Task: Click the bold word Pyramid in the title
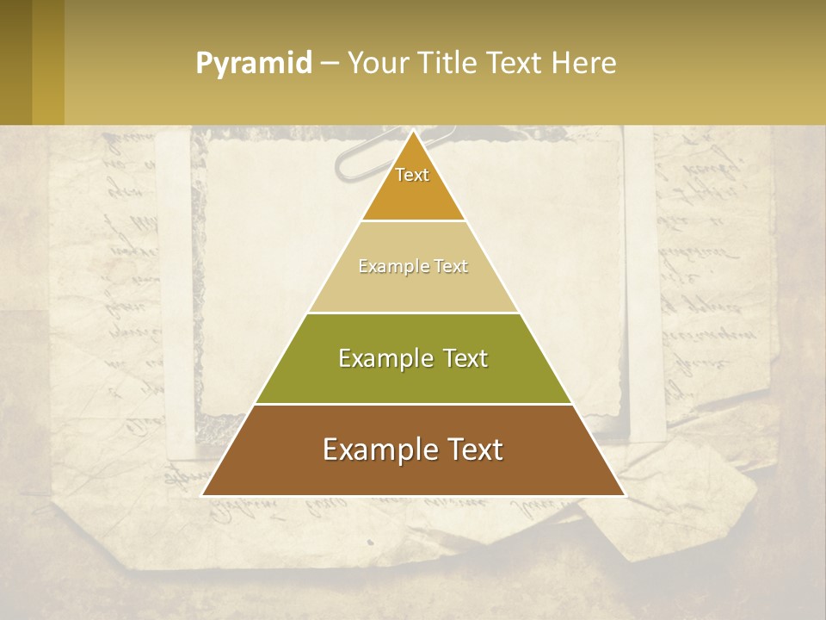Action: click(254, 64)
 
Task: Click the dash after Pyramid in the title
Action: click(330, 64)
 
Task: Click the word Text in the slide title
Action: click(514, 63)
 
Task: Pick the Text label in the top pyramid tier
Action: click(412, 175)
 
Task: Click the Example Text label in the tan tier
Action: click(413, 267)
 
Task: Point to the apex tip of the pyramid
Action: click(413, 131)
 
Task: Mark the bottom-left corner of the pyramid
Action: click(203, 495)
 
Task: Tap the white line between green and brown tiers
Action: click(413, 404)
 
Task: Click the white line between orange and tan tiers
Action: click(413, 220)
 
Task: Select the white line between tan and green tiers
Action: click(413, 313)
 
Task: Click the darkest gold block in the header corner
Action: click(15, 62)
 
